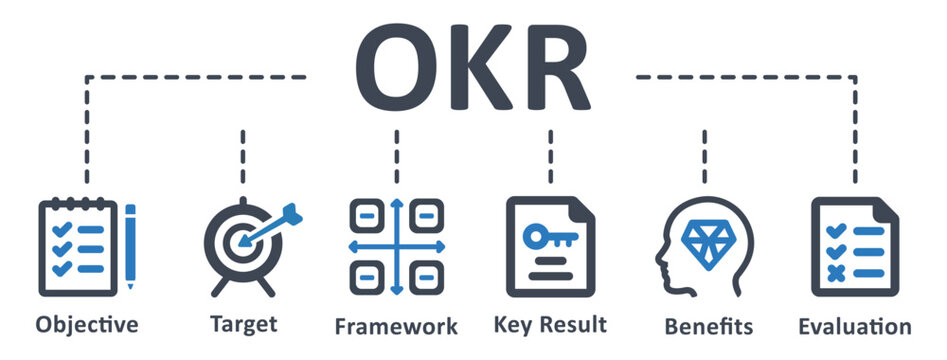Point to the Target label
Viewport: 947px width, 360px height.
[x=243, y=324]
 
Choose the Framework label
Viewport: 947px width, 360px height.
[x=396, y=326]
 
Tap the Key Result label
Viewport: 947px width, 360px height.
[x=550, y=324]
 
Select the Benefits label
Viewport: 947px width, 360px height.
[x=708, y=326]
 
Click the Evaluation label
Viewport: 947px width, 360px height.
[x=855, y=326]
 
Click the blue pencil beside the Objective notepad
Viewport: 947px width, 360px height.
[x=130, y=246]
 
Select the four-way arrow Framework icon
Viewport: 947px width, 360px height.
[x=396, y=246]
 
